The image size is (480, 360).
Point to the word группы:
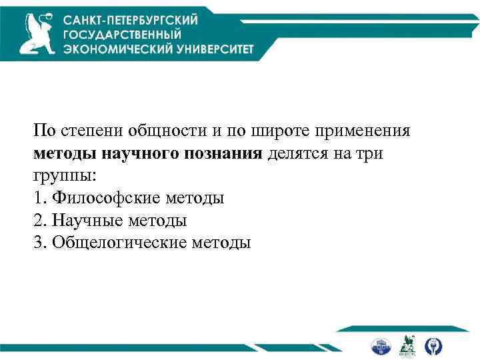[x=65, y=176]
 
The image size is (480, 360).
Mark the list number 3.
[x=37, y=242]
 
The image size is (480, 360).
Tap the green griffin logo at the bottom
[x=407, y=345]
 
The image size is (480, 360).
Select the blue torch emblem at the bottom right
[x=433, y=345]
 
